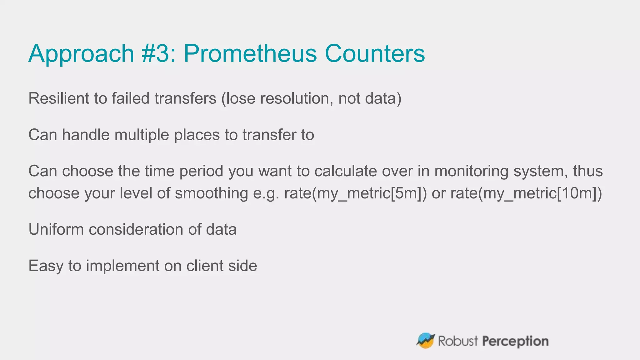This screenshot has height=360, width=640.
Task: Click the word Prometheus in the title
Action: point(250,53)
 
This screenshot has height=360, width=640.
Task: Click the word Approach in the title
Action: point(81,54)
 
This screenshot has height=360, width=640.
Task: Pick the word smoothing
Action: point(211,193)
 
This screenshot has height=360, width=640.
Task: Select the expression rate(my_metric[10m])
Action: point(526,193)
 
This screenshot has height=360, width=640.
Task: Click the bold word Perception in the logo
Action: point(515,341)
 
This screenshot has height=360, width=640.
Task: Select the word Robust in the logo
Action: point(458,341)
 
